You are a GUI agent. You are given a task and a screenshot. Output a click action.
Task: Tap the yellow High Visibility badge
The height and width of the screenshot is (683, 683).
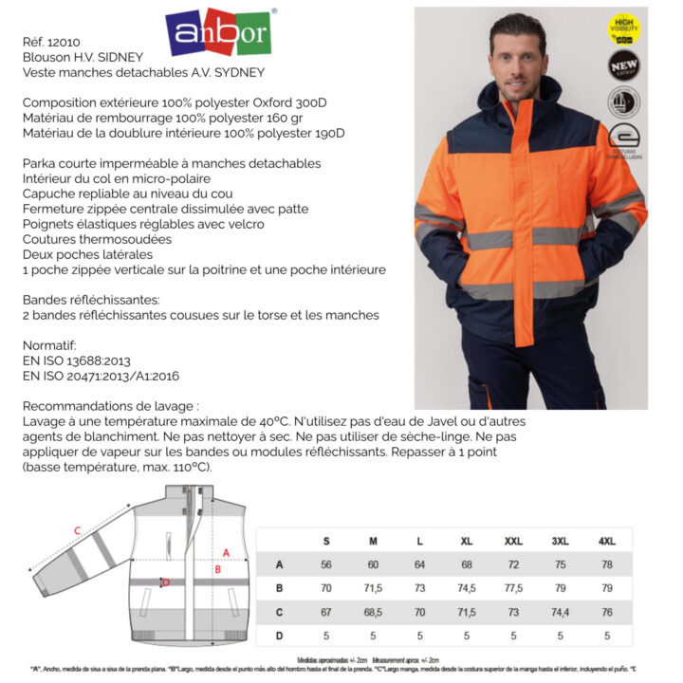[x=623, y=28]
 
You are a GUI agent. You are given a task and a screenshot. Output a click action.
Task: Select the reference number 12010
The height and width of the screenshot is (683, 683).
[x=64, y=42]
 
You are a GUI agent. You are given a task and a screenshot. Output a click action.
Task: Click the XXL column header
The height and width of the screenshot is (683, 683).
[x=513, y=541]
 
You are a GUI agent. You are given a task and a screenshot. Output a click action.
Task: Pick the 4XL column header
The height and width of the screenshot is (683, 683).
[x=607, y=541]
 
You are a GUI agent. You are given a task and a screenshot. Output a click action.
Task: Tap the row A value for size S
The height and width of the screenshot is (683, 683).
[x=326, y=564]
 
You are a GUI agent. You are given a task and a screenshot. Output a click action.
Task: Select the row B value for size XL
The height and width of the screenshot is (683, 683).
[x=467, y=588]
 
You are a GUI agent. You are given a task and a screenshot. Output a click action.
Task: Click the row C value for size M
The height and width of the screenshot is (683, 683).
[x=373, y=612]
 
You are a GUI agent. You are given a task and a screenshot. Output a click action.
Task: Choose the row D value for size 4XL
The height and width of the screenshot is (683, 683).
[x=607, y=636]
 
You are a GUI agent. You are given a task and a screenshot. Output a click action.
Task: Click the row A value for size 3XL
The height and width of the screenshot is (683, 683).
[x=560, y=564]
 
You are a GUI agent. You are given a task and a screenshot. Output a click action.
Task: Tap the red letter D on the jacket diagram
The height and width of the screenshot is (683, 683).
[x=165, y=582]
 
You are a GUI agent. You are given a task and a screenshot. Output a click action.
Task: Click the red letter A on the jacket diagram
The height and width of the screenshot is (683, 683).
[x=226, y=551]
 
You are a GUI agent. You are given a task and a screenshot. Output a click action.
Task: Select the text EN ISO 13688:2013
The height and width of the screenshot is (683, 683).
[x=76, y=360]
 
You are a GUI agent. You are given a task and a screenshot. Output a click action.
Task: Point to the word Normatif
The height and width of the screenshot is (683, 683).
[x=48, y=345]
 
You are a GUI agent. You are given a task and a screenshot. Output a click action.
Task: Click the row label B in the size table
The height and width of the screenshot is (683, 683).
[x=279, y=588]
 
